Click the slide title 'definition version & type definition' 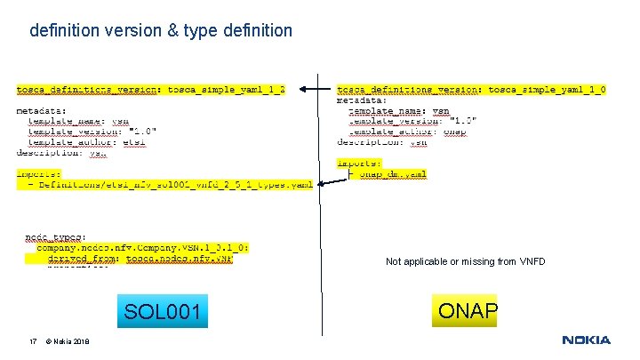[161, 31]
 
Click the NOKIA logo [586, 340]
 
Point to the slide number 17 [32, 341]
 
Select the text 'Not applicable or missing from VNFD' [465, 262]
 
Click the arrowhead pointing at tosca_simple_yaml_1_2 [302, 90]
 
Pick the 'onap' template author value [454, 132]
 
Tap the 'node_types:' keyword [55, 237]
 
